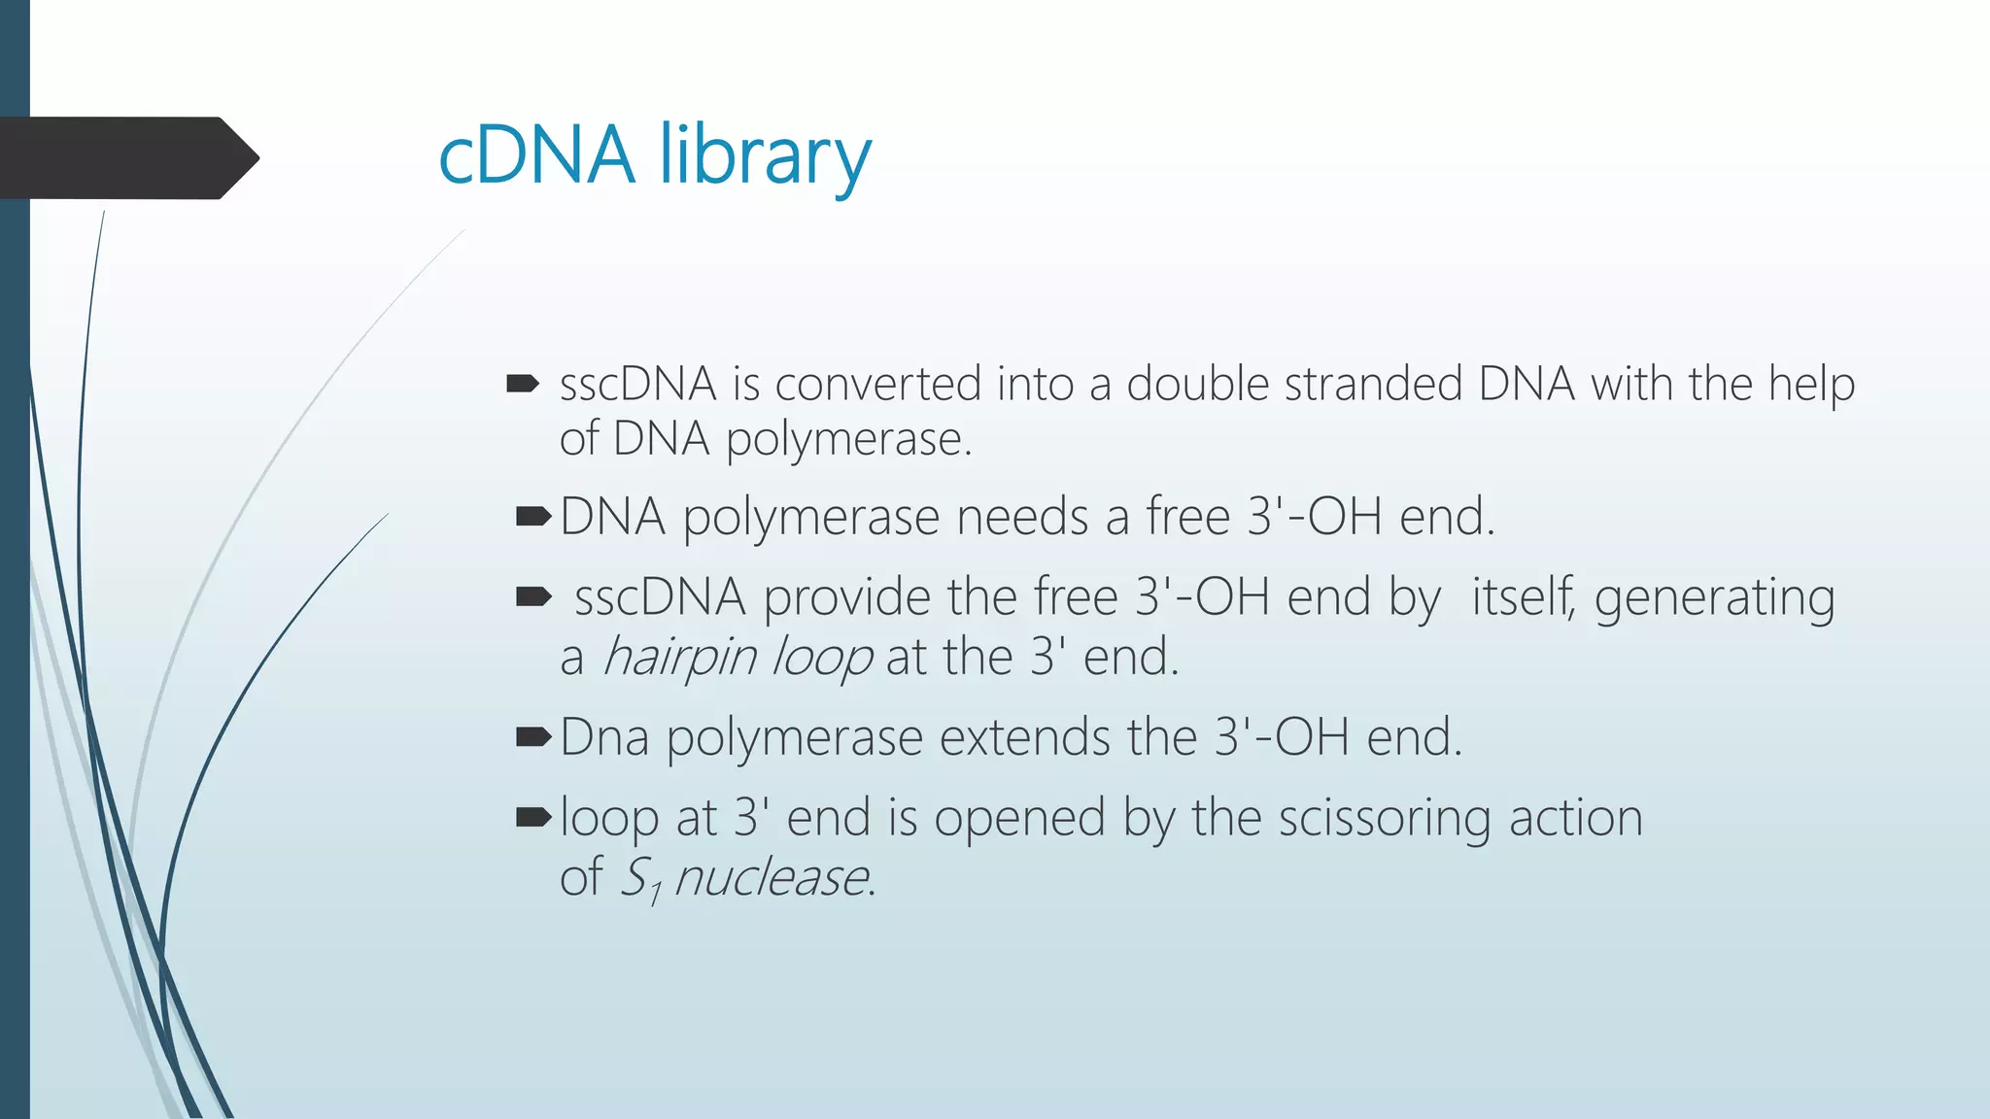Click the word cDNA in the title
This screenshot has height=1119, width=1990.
[x=537, y=155]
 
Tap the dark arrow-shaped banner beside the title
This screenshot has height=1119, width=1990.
[x=126, y=157]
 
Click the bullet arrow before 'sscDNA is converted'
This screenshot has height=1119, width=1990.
[x=523, y=384]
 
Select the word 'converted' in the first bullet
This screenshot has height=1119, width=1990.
[x=877, y=384]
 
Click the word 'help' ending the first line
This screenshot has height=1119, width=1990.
[x=1810, y=386]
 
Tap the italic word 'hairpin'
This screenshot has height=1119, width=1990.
[x=679, y=659]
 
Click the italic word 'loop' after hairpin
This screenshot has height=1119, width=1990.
[x=821, y=659]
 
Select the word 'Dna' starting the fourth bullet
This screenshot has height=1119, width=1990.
[x=604, y=737]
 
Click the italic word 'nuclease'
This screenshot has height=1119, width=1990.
[x=771, y=878]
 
